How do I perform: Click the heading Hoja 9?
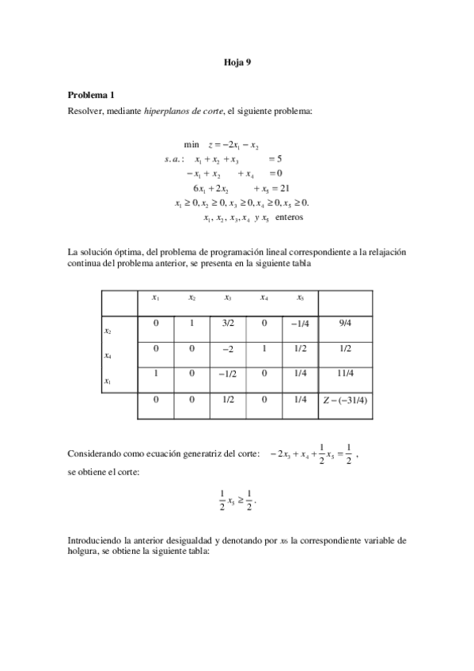tap(237, 61)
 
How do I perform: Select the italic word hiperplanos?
tap(168, 112)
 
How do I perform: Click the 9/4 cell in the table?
tap(345, 323)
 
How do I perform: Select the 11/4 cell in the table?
tap(345, 375)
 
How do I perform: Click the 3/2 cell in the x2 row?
tap(228, 323)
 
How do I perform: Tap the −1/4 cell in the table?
tap(299, 323)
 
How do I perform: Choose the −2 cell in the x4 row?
tap(228, 349)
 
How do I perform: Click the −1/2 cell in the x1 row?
tap(228, 375)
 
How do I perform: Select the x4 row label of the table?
tap(108, 356)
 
